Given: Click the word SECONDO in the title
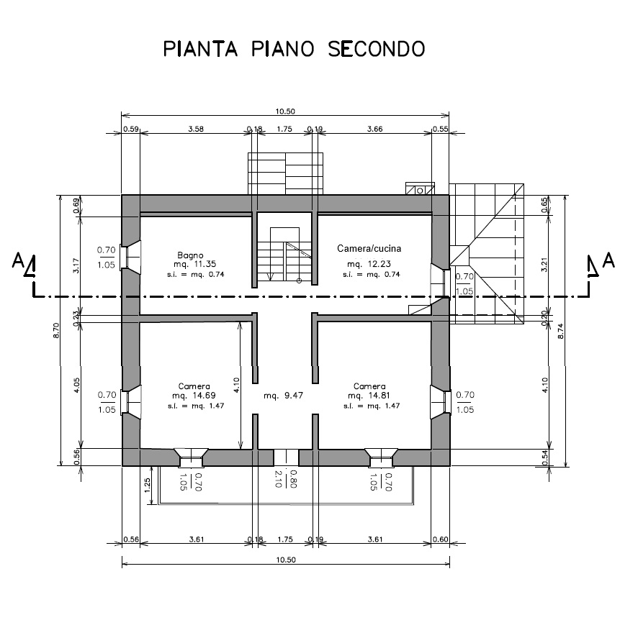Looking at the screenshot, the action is (x=377, y=49).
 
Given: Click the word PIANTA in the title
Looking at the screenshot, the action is (x=200, y=49).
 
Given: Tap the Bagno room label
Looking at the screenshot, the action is (x=190, y=255).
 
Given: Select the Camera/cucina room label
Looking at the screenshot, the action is (x=369, y=248).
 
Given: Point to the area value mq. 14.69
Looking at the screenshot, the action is (x=194, y=396).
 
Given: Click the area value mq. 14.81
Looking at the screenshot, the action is (x=369, y=396).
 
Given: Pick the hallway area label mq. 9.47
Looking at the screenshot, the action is (x=283, y=396).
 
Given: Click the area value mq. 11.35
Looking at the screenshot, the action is (x=194, y=264).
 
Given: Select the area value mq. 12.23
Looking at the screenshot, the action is (x=369, y=264).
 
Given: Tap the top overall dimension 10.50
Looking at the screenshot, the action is (x=285, y=111).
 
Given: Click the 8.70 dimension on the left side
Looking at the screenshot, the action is (x=56, y=330).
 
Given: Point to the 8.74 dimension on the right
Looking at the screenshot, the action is (x=561, y=331).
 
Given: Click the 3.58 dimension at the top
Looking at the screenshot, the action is (x=196, y=129).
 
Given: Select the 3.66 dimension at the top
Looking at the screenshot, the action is (x=375, y=129).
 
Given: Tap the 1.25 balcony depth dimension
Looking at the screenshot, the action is (x=148, y=485).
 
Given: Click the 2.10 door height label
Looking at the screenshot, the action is (x=279, y=479).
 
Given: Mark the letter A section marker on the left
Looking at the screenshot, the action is (x=17, y=260).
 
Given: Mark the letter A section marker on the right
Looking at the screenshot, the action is (x=608, y=260).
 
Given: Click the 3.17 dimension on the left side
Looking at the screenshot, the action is (x=76, y=265).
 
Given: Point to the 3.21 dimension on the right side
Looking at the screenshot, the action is (x=544, y=265).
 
